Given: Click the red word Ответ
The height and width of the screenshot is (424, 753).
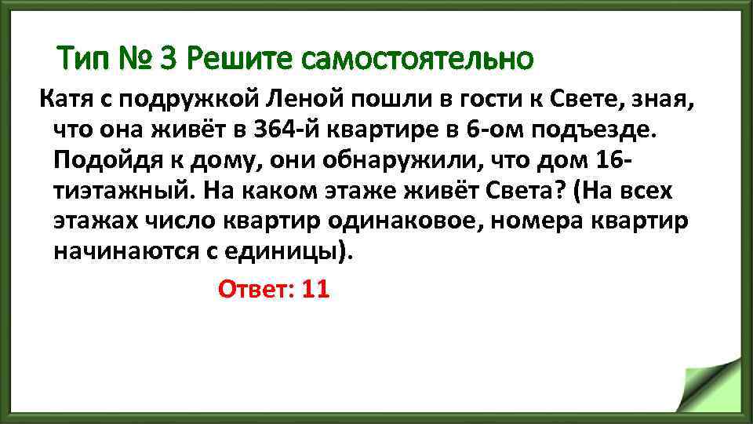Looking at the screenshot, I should [255, 289].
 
